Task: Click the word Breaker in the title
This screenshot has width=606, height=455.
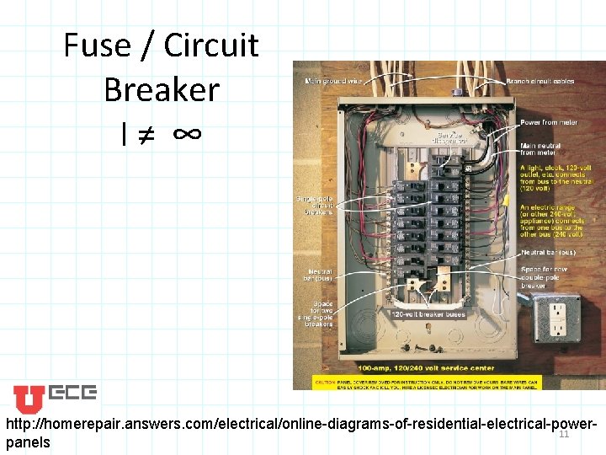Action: pyautogui.click(x=162, y=88)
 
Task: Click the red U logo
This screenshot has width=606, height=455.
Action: pyautogui.click(x=29, y=399)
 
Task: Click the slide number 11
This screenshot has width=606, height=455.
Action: pyautogui.click(x=564, y=434)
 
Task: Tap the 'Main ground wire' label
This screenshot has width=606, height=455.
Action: pyautogui.click(x=333, y=81)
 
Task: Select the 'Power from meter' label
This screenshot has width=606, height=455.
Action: pyautogui.click(x=547, y=123)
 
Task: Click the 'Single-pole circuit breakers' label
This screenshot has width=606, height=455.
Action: pyautogui.click(x=314, y=206)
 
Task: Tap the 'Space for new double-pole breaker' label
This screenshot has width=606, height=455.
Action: pyautogui.click(x=545, y=277)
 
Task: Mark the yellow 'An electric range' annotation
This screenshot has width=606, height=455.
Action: pyautogui.click(x=551, y=221)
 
